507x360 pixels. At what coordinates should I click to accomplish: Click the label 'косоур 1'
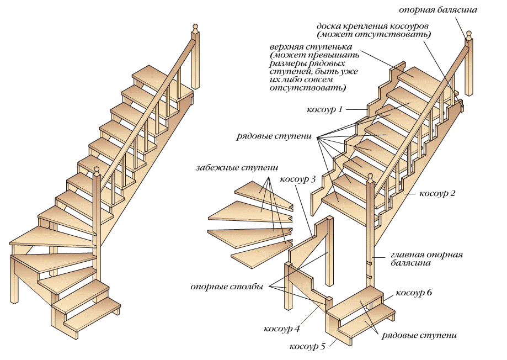coord(324,109)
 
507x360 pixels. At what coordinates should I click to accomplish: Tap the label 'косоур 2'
coord(437,194)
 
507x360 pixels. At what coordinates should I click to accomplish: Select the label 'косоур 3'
coord(298,179)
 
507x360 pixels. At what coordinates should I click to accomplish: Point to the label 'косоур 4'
coord(281,329)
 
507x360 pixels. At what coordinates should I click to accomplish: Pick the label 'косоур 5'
coord(307,346)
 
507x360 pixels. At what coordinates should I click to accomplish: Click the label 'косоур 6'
coord(414,292)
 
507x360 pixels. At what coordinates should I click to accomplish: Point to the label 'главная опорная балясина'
coord(426,259)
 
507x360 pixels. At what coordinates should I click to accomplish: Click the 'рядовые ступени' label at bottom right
coord(419,335)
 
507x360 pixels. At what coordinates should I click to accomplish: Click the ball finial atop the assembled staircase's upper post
coord(194,27)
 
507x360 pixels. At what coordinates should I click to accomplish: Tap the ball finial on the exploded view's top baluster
coord(468,34)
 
